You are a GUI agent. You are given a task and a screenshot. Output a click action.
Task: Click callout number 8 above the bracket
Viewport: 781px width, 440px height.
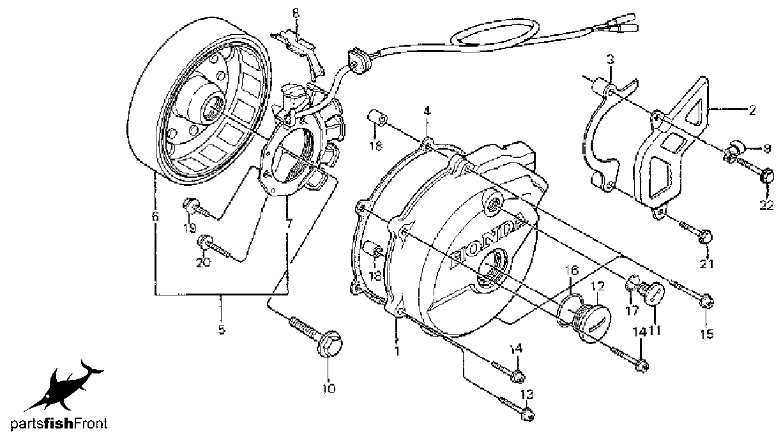296,13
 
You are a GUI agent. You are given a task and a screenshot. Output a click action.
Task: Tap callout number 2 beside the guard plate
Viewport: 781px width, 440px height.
752,111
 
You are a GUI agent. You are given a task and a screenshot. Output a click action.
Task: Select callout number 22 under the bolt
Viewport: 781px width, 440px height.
766,205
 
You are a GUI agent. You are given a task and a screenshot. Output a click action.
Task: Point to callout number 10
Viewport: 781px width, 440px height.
329,388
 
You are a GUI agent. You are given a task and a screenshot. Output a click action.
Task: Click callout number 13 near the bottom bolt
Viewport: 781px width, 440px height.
527,395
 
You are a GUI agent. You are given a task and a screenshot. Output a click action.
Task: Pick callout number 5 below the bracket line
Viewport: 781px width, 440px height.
222,329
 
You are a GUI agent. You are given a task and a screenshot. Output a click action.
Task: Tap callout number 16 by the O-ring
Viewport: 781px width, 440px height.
572,270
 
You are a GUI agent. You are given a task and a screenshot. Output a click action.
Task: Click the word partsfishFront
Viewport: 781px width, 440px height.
59,423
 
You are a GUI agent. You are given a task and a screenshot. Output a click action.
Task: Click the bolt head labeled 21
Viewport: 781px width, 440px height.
706,238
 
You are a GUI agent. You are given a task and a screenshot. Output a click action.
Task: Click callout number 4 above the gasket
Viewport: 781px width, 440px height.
427,111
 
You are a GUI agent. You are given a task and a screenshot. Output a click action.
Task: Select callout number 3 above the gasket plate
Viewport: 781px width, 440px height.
610,59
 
